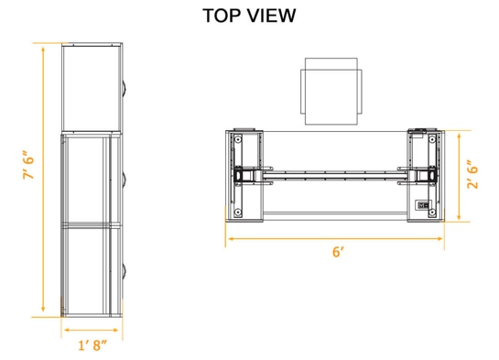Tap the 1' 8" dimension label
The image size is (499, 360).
click(x=92, y=344)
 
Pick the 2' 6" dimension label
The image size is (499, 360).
click(x=470, y=175)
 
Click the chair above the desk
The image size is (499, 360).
click(x=331, y=91)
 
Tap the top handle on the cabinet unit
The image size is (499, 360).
click(x=125, y=88)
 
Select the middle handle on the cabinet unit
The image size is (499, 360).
click(x=125, y=176)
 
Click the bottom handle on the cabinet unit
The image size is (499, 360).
click(x=125, y=267)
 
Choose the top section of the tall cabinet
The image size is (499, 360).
click(x=92, y=88)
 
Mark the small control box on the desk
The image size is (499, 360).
click(x=424, y=205)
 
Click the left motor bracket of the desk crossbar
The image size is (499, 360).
click(x=246, y=174)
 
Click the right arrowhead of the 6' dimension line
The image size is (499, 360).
click(x=443, y=238)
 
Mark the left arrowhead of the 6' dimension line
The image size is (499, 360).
click(x=229, y=238)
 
